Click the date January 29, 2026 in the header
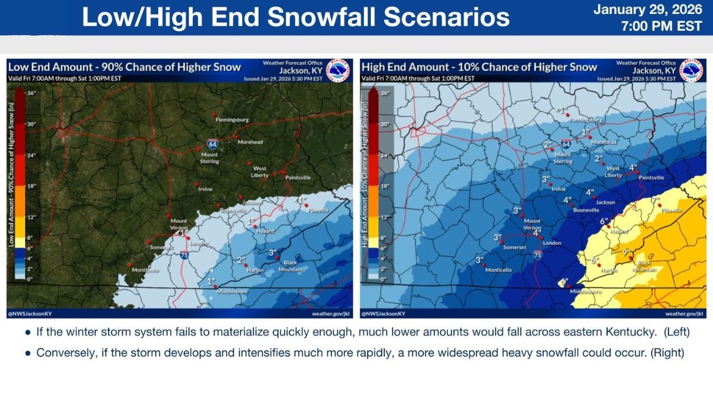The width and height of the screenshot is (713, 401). pyautogui.click(x=647, y=10)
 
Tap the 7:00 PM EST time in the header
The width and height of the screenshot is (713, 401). pyautogui.click(x=661, y=26)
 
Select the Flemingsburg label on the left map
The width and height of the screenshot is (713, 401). pyautogui.click(x=232, y=120)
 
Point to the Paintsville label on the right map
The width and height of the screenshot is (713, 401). pyautogui.click(x=651, y=178)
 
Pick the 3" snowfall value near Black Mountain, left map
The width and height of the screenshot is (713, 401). pyautogui.click(x=273, y=252)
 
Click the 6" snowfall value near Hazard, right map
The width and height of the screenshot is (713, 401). pyautogui.click(x=603, y=221)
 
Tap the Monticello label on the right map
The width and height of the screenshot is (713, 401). pyautogui.click(x=499, y=270)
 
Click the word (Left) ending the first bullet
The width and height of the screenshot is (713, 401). pyautogui.click(x=676, y=332)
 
